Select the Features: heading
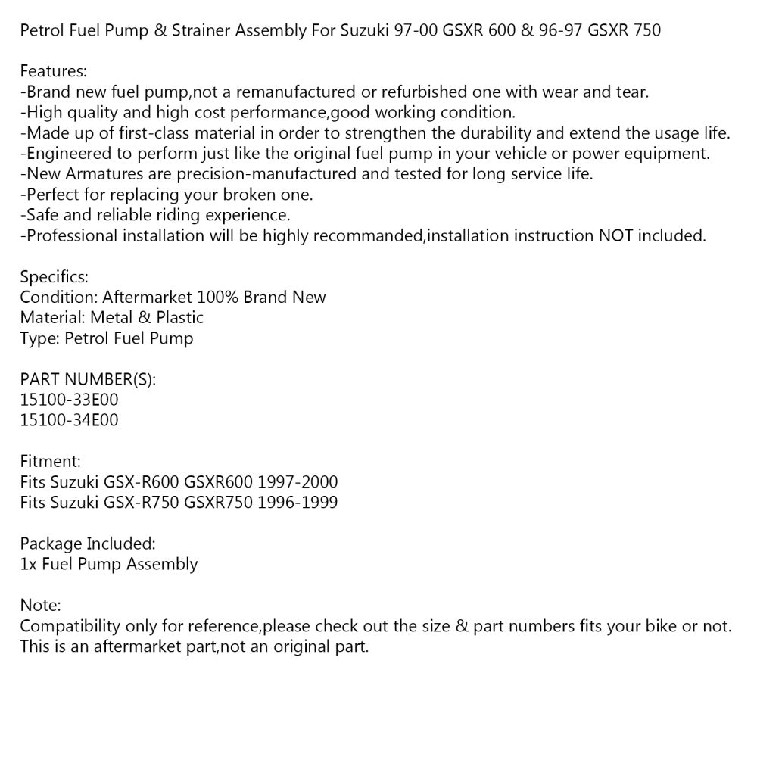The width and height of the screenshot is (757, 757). [x=53, y=72]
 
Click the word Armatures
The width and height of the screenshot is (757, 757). [x=103, y=174]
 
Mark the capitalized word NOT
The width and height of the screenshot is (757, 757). [x=616, y=235]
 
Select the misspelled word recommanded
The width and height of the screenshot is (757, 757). [x=366, y=235]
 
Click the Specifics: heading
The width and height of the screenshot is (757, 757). [x=54, y=276]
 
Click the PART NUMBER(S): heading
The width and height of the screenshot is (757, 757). [x=88, y=378]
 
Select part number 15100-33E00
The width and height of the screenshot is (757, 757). [x=69, y=399]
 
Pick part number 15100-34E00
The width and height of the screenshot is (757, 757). [x=69, y=419]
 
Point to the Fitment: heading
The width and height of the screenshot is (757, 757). [x=50, y=460]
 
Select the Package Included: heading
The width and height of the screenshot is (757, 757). [x=88, y=543]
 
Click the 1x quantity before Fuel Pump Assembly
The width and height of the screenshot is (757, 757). [x=29, y=563]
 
